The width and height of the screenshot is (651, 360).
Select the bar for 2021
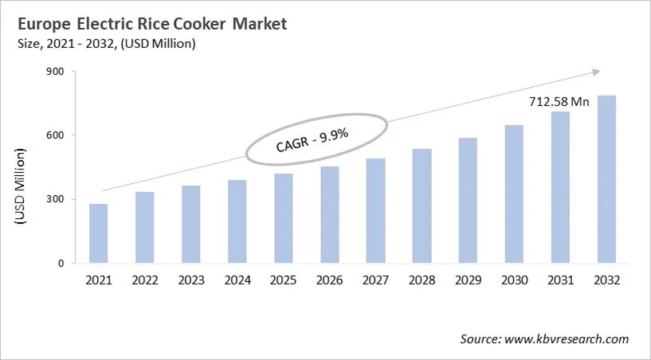click(99, 233)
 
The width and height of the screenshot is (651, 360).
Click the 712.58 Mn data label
click(558, 102)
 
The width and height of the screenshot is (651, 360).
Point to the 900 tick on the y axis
click(57, 71)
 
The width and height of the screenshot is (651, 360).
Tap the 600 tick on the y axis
click(57, 135)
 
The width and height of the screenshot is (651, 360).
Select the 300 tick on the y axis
click(57, 199)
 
